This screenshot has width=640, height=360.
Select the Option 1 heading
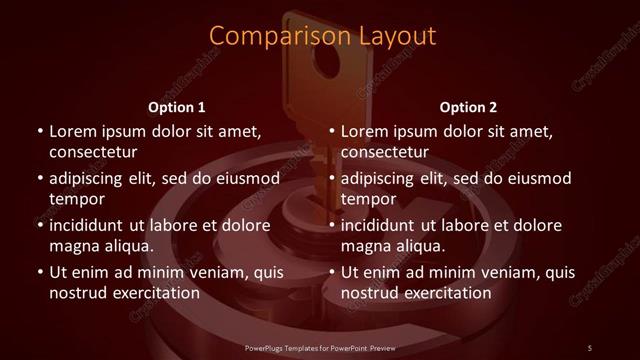[x=177, y=106]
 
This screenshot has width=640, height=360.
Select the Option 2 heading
[x=468, y=106]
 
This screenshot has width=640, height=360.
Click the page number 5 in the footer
[x=590, y=347]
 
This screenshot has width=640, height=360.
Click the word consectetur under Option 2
[x=385, y=152]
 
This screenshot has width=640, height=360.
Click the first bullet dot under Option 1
[x=38, y=131]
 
